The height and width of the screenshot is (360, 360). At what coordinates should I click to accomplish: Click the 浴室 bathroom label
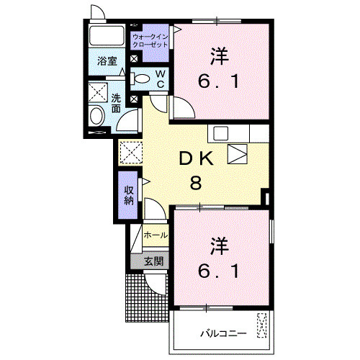point(107,61)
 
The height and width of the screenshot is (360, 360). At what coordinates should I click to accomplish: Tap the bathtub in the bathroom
point(107,35)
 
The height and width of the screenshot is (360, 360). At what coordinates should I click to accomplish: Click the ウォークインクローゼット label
point(150,40)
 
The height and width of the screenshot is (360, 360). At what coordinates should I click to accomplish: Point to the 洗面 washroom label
point(116,103)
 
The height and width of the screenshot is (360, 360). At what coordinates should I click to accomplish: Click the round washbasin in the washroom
point(97,116)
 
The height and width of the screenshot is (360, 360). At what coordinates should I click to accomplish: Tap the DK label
point(197,159)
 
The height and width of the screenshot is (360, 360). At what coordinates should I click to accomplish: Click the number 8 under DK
point(196,183)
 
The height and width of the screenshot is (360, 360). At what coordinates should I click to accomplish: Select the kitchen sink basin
point(220,133)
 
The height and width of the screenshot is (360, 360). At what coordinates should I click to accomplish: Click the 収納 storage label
point(129,195)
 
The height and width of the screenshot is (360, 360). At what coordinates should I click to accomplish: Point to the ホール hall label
point(156,235)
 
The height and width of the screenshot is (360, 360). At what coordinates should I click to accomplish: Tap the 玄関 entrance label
point(153,261)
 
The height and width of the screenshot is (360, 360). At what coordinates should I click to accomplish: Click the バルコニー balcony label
point(223,333)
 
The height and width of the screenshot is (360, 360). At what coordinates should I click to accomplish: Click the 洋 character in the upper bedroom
point(219,56)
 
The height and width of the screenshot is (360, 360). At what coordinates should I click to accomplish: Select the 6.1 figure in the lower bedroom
point(218,271)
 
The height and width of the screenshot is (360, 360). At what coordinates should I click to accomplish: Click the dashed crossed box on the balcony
point(262,325)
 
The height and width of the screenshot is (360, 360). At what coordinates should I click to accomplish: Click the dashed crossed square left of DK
point(130,153)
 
